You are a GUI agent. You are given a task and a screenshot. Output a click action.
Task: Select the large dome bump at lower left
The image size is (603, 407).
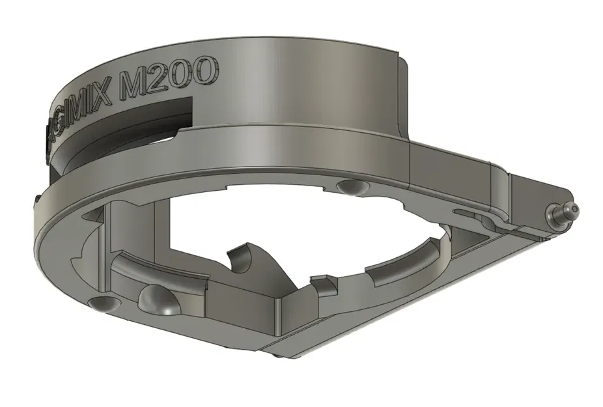(x=158, y=299)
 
